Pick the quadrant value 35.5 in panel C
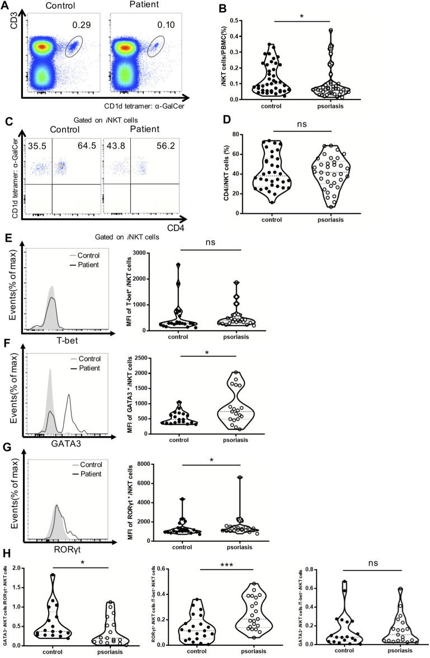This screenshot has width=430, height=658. click(x=34, y=159)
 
